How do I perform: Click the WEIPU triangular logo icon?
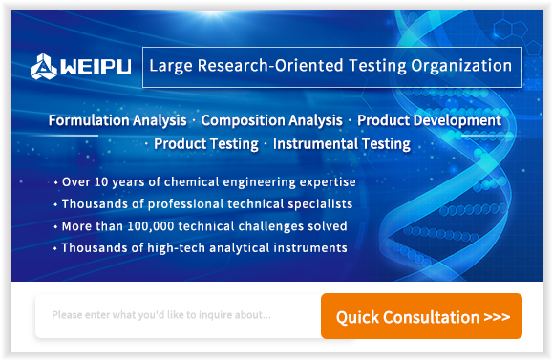coord(43,67)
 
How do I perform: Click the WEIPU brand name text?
coord(96,66)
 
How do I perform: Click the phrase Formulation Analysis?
coord(117,120)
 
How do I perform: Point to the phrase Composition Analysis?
coord(271,120)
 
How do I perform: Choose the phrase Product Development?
coord(429,120)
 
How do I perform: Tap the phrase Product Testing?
coord(206,144)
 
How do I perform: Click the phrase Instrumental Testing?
coord(341,144)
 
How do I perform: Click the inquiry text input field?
coord(178,315)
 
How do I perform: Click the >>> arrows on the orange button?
coord(497,317)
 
